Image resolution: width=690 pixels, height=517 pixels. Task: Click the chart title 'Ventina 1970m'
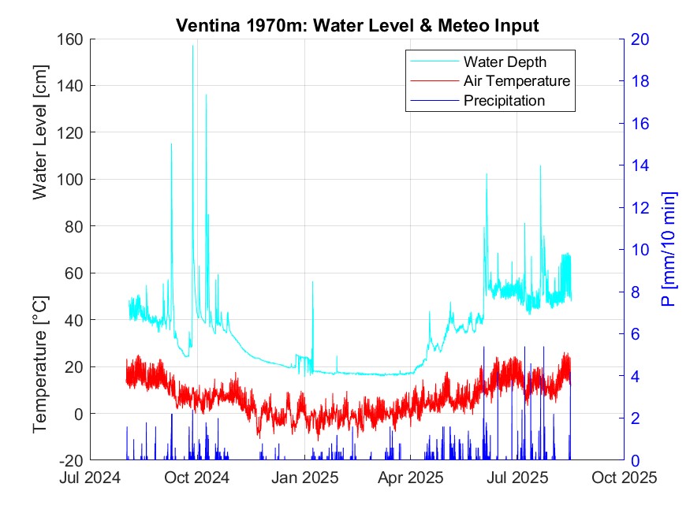pos(356,25)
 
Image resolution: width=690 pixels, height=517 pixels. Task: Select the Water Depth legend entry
pos(505,61)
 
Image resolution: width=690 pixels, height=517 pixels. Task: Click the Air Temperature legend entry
pos(517,80)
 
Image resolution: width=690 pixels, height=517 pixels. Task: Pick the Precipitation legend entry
pos(504,100)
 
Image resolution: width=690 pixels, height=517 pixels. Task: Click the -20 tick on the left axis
pos(72,460)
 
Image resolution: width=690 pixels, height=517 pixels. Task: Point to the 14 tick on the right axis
pos(636,166)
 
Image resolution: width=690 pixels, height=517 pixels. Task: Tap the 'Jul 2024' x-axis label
pos(91,478)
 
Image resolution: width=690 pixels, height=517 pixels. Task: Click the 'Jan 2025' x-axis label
pos(306,478)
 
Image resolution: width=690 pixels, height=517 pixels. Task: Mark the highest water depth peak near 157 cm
pos(192,46)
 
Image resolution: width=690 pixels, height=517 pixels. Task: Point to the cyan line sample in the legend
pos(433,61)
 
